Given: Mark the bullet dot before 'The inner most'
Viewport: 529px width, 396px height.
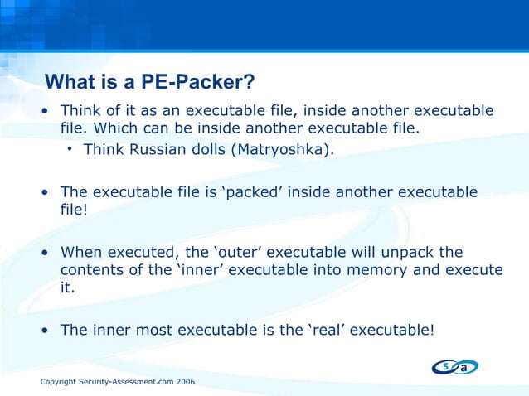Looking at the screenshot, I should tap(46, 330).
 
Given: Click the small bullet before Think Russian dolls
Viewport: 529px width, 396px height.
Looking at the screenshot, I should tap(71, 149).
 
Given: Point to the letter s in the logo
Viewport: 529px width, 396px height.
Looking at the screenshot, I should tap(444, 365).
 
